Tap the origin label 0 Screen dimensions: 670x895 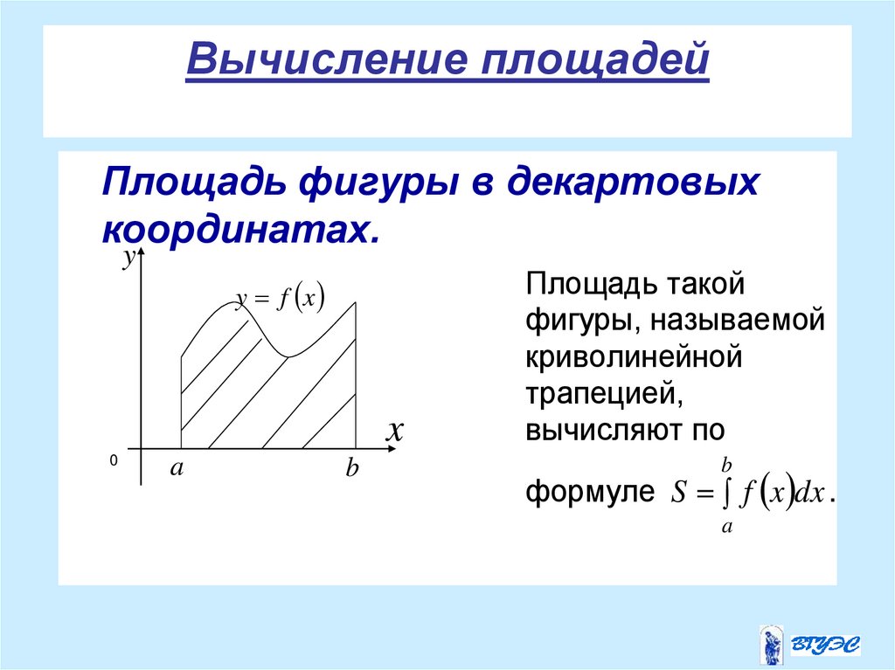pyautogui.click(x=114, y=459)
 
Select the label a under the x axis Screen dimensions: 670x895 pyautogui.click(x=177, y=468)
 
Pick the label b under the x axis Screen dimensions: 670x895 pyautogui.click(x=351, y=470)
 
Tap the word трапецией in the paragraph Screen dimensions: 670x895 pyautogui.click(x=603, y=395)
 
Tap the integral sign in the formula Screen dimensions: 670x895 pyautogui.click(x=725, y=494)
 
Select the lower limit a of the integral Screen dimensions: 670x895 pyautogui.click(x=725, y=526)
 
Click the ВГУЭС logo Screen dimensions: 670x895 pyautogui.click(x=809, y=645)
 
